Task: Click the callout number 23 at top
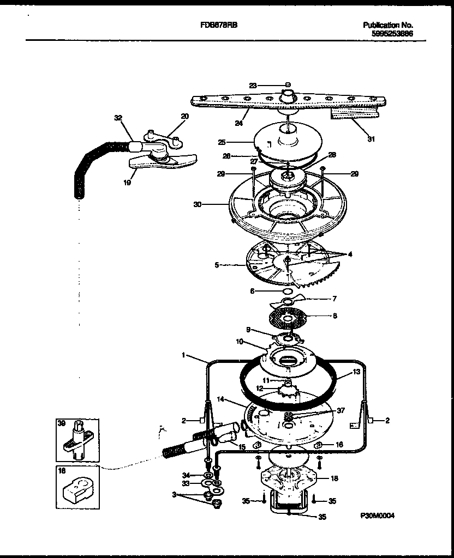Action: [x=253, y=85]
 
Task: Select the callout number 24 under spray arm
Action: [x=238, y=123]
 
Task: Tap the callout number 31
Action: [x=371, y=138]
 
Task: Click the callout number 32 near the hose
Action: [x=117, y=117]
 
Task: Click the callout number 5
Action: [x=217, y=265]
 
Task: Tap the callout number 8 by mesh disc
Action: [x=335, y=316]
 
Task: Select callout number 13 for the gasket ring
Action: [x=356, y=372]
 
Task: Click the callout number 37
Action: [x=341, y=411]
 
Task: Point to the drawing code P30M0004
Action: [x=377, y=515]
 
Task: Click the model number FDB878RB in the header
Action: [x=222, y=26]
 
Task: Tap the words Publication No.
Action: [x=388, y=25]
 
